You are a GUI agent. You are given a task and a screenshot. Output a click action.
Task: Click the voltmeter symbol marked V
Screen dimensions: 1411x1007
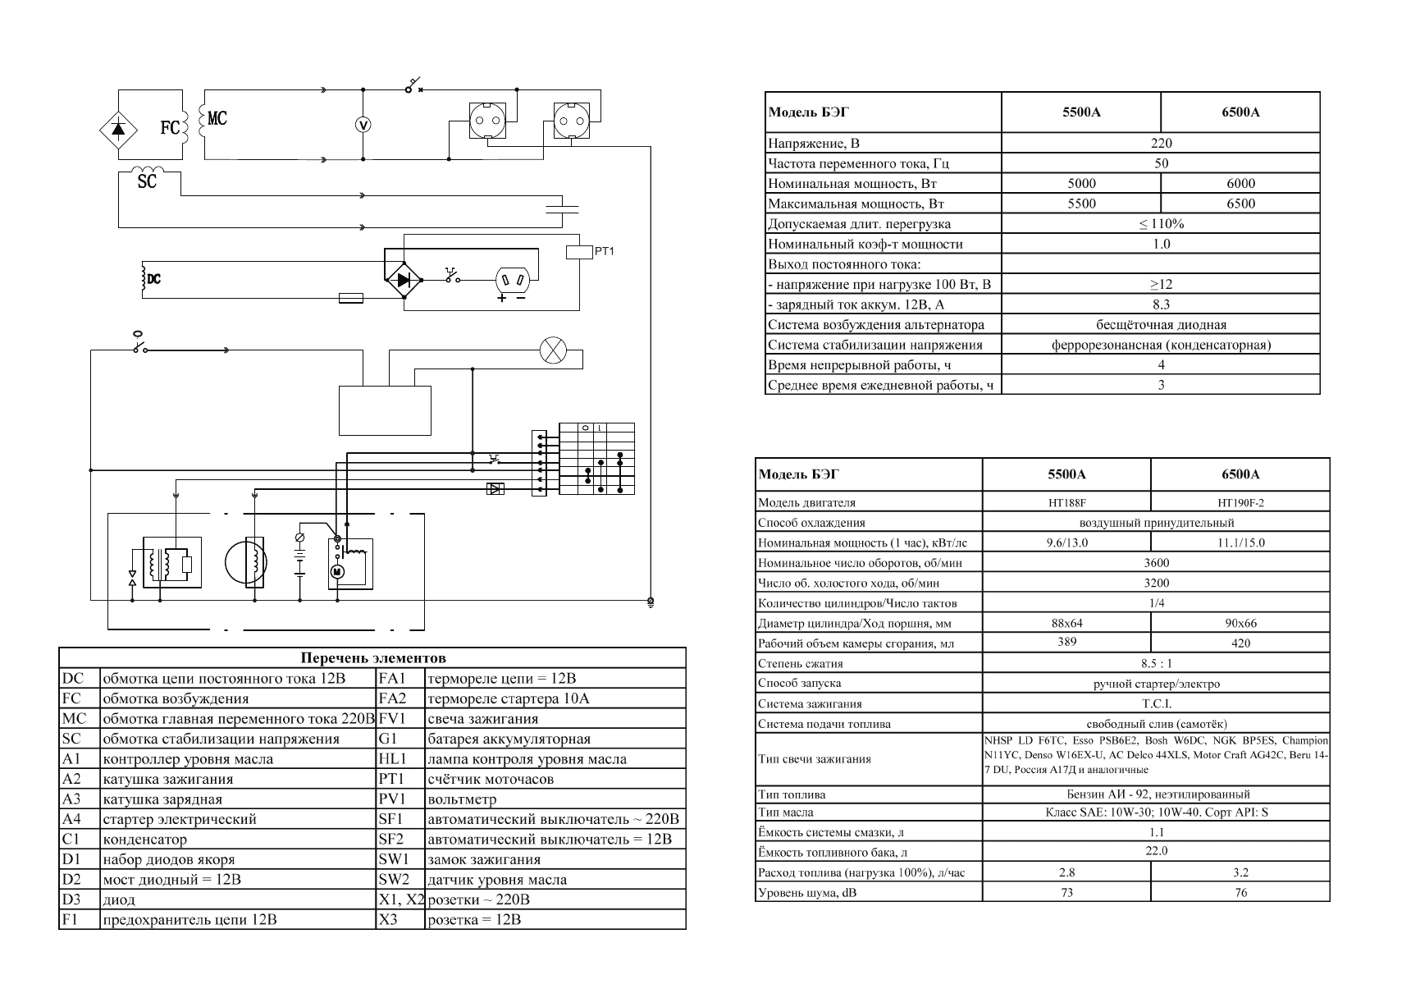364,125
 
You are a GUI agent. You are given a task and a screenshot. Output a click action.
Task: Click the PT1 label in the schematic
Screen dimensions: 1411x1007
604,251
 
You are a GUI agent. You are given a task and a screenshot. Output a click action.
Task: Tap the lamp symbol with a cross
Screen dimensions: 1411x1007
552,351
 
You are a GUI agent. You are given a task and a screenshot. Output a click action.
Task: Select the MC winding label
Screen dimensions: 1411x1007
217,119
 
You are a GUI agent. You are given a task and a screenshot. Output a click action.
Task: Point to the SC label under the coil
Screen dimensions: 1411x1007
147,181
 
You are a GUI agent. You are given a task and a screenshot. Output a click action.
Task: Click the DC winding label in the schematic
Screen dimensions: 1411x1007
153,280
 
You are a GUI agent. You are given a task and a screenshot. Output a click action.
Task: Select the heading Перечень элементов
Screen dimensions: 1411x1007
373,658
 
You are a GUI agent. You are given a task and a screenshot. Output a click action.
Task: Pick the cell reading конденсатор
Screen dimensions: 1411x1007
144,840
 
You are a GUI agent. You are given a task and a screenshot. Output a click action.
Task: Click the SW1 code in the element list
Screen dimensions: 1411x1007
393,860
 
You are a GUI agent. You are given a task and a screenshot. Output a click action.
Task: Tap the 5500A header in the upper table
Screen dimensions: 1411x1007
1080,112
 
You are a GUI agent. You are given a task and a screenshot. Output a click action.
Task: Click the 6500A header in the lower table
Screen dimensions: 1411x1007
1240,474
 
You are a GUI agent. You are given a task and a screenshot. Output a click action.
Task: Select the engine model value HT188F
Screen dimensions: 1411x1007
1066,503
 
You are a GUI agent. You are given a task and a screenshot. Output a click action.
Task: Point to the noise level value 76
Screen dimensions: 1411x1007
1240,892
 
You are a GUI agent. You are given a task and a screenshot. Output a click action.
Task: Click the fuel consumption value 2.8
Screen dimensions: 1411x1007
1066,872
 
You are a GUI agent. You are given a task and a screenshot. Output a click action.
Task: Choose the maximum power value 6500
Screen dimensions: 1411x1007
1240,204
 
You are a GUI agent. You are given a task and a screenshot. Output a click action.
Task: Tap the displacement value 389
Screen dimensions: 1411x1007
1066,642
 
